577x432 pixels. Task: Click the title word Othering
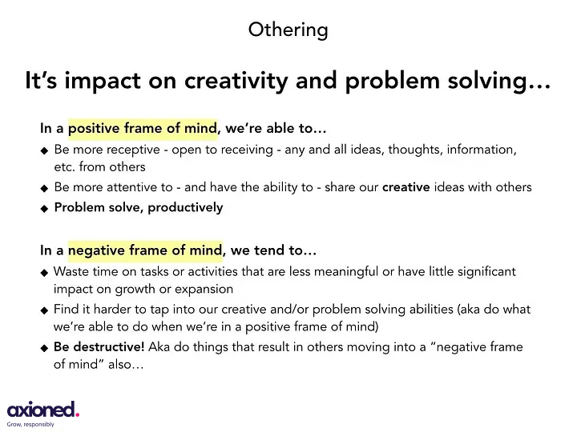click(x=288, y=30)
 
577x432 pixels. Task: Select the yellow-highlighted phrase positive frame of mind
click(x=142, y=128)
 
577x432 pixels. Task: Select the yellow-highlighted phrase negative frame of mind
click(x=144, y=250)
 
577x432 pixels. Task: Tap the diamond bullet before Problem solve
click(x=44, y=208)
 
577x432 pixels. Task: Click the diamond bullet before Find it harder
click(x=44, y=310)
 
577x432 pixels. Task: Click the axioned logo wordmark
click(x=40, y=410)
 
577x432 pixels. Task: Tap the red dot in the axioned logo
click(x=77, y=414)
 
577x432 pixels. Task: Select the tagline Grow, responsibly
click(x=30, y=425)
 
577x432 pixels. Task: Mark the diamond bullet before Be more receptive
click(x=44, y=150)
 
